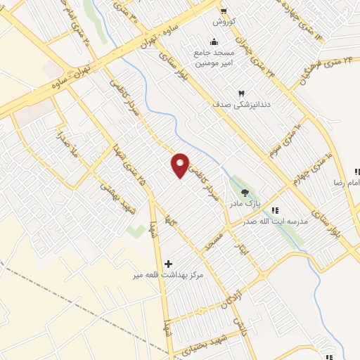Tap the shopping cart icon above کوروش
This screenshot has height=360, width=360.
click(224, 11)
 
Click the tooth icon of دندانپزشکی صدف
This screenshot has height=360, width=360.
click(241, 93)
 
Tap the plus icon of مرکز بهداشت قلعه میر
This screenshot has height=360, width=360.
click(167, 264)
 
